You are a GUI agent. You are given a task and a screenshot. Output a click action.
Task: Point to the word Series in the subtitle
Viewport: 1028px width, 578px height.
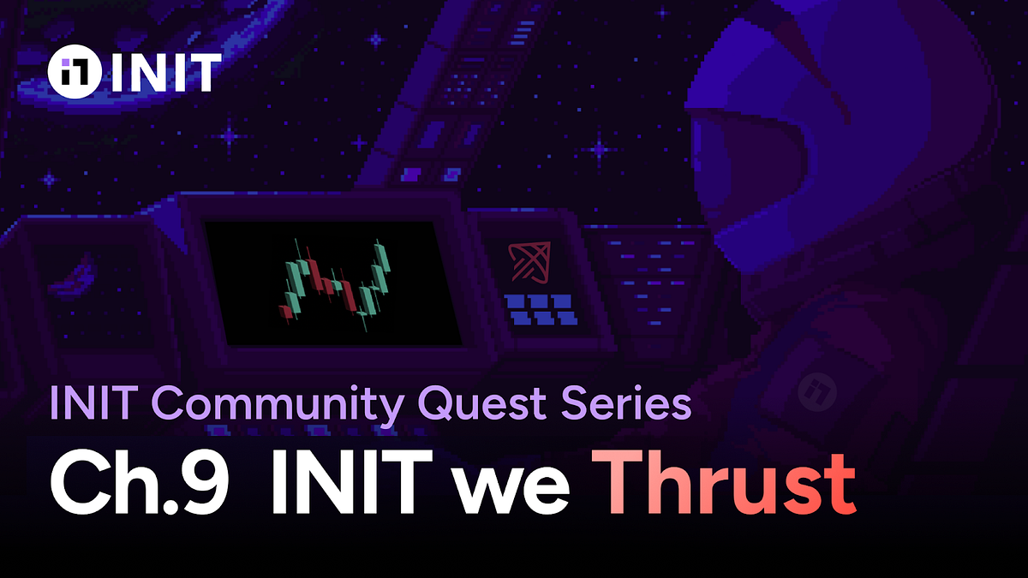[631, 402]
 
